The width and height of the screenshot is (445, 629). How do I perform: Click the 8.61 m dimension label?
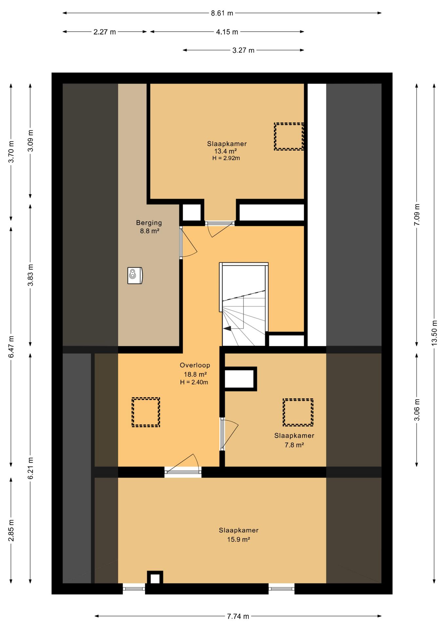coord(222,13)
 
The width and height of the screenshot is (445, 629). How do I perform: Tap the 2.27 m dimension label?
coord(105,32)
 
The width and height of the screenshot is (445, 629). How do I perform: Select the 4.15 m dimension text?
coord(227,32)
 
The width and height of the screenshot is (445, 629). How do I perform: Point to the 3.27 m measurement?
coord(243,50)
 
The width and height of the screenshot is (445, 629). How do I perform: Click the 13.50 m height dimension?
coord(434,333)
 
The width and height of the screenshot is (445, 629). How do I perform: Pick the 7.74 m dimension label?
coord(238,616)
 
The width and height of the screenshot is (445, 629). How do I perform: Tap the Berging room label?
coord(149,223)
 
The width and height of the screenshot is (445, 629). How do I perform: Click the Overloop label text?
coord(195,365)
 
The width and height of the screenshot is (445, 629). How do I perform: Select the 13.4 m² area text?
coord(225,151)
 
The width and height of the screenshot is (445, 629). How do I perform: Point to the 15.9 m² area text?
coord(239,539)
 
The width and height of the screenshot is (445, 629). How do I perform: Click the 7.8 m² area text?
coord(294,445)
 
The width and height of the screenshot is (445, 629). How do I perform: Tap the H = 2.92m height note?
coord(226,158)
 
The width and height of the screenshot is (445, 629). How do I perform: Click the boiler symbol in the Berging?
coord(135,276)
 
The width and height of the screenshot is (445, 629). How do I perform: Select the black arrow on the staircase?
coord(227,328)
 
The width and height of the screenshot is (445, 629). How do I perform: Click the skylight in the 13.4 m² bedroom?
coord(289,137)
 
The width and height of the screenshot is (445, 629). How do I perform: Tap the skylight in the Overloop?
coord(146,412)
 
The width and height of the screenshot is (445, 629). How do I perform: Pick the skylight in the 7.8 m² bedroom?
coord(298,412)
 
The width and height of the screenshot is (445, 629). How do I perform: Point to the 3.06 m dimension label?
coord(417,410)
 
